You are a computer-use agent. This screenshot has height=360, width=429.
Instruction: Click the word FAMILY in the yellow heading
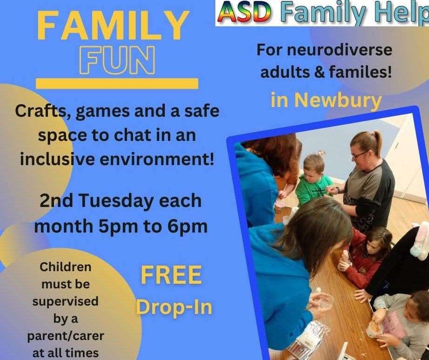(113, 26)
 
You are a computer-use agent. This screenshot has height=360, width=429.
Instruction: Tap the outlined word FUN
(117, 60)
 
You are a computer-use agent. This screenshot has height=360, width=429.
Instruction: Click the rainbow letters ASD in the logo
(244, 13)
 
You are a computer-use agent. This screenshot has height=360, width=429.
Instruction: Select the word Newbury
(338, 100)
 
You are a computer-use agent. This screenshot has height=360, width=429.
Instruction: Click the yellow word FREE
(171, 275)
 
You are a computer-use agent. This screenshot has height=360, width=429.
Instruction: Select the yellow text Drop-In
(174, 307)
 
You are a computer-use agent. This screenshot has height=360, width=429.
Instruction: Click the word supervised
(66, 302)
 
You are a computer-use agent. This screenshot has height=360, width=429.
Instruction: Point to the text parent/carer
(66, 336)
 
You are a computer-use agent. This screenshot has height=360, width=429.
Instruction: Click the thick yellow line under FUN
(117, 84)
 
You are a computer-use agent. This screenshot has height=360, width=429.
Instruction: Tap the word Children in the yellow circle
(66, 267)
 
